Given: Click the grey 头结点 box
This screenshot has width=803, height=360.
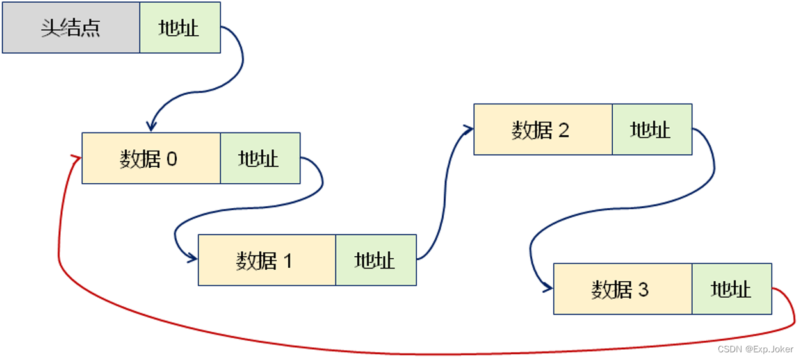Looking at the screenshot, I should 70,28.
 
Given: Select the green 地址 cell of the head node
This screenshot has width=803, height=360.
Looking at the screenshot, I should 179,28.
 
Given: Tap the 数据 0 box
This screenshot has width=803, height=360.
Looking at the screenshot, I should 151,158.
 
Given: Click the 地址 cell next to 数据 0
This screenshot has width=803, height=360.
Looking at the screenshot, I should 259,158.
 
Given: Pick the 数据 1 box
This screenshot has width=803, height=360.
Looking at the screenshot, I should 266,260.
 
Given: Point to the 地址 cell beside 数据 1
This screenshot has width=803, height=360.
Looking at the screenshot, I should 375,260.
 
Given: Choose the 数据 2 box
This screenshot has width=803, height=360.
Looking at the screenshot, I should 542,129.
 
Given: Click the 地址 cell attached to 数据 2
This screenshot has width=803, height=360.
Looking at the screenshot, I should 651,129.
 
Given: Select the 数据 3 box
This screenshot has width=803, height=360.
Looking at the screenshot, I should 622,289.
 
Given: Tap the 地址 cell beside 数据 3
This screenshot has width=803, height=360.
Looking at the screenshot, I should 731,289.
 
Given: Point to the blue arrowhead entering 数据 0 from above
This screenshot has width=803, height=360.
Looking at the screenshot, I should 152,126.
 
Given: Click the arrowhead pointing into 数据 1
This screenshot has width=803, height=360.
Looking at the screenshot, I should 192,259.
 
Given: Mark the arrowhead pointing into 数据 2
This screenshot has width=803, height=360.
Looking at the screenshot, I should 468,129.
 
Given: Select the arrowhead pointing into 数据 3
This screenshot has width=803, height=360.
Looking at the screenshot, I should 547,289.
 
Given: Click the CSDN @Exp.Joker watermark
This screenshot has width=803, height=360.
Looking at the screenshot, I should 755,349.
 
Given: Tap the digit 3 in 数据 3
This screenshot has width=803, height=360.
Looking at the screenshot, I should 643,290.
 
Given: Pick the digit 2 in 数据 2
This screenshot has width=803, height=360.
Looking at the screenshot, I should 564,130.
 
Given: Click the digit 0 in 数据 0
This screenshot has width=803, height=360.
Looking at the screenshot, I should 172,159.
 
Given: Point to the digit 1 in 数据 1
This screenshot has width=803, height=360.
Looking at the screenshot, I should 287,261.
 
